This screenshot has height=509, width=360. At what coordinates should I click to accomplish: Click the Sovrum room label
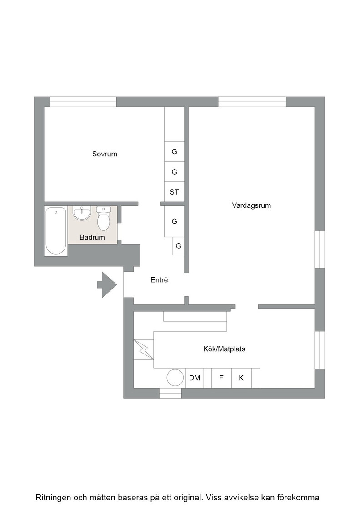(105, 154)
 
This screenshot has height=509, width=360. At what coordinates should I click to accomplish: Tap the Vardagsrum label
(251, 205)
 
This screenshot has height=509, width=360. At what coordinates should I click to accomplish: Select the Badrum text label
(92, 237)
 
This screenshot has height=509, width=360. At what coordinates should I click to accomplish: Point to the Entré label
(159, 280)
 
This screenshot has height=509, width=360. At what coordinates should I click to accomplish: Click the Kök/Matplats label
(224, 349)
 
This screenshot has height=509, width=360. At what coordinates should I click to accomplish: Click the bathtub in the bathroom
(56, 231)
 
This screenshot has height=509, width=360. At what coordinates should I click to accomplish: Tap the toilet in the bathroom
(104, 218)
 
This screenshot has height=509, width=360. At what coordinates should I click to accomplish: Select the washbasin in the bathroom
(82, 213)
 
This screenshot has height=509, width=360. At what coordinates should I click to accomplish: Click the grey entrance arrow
(107, 284)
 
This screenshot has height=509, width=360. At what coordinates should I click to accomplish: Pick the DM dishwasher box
(195, 378)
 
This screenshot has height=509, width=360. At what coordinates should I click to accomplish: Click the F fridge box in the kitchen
(221, 378)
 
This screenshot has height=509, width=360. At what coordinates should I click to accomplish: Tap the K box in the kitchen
(241, 378)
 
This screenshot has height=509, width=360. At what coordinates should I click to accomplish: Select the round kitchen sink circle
(175, 378)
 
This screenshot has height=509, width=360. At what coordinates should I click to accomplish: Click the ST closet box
(175, 192)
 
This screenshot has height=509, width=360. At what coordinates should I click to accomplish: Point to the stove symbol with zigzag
(144, 349)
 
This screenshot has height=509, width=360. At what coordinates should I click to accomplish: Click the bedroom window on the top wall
(83, 102)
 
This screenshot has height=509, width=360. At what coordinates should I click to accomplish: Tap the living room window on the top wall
(252, 102)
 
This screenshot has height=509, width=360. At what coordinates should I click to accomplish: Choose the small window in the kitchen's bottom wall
(170, 393)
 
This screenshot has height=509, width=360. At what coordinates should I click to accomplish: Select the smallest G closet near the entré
(178, 246)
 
